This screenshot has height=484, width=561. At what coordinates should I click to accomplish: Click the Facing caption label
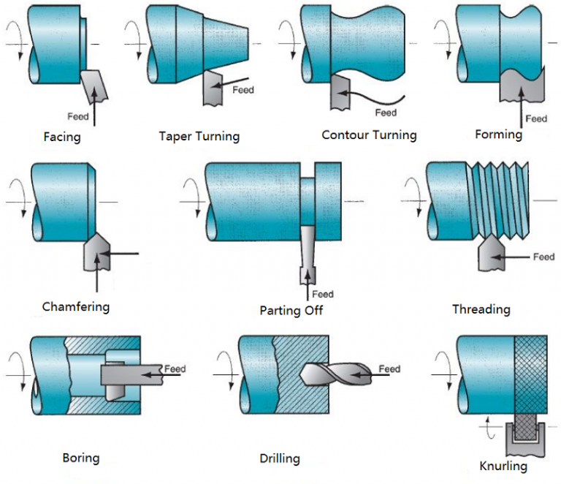[x=62, y=137]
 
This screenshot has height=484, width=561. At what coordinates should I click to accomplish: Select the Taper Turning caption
[x=199, y=136]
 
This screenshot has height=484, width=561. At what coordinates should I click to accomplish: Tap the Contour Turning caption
[x=369, y=135]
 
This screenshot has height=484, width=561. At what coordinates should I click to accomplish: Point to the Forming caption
[x=498, y=135]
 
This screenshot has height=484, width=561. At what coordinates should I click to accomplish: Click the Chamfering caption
[x=76, y=306]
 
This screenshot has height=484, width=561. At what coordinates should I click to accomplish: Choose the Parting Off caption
[x=291, y=311]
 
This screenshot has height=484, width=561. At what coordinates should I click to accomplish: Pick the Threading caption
[x=481, y=309]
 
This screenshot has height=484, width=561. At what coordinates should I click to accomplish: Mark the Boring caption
[x=81, y=458]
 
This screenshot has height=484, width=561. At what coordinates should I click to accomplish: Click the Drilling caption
[x=280, y=458]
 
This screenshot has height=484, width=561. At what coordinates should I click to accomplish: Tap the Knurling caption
[x=503, y=466]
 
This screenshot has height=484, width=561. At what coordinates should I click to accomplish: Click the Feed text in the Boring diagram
[x=175, y=368]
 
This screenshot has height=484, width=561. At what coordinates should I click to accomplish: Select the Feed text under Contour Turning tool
[x=386, y=113]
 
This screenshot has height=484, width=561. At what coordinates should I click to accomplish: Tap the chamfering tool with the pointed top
[x=96, y=254]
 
